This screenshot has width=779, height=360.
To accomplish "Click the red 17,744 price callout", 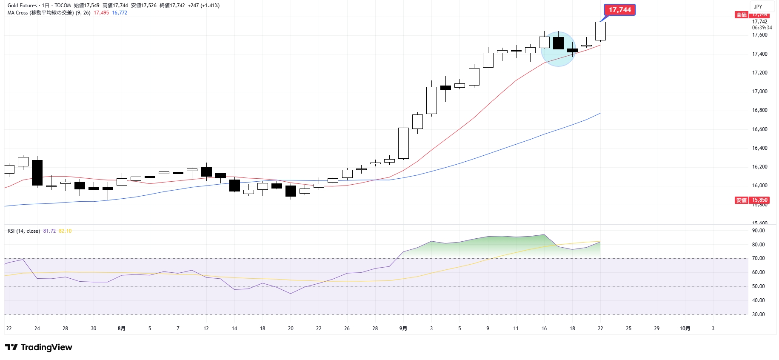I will point(619,10).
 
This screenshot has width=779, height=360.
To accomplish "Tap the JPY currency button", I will point(758,6).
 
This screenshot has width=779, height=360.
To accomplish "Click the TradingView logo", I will point(39,347).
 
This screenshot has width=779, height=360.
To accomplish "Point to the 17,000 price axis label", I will point(759,91).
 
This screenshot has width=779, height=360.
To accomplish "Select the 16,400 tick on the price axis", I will point(759,148).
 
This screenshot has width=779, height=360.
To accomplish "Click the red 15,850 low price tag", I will point(759,200).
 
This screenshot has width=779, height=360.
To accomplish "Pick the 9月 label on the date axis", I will point(403,329).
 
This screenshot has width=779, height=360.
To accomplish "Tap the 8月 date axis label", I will point(121,329).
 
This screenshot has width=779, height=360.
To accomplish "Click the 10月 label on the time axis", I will point(685,329).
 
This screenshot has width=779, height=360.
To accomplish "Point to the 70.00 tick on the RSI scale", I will point(758,258).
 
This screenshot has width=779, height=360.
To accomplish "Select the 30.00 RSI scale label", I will point(758,314).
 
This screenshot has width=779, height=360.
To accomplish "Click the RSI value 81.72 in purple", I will point(49,231).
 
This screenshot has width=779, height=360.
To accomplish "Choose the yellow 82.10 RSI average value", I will point(65,231).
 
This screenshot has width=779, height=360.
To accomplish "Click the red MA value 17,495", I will point(101,13).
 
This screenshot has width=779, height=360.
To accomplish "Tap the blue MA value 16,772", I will point(120,13).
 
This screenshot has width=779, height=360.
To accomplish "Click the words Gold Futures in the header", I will point(22,6).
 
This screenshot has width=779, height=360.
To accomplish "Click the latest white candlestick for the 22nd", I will point(600,31).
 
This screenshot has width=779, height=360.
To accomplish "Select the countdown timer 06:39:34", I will point(762,28).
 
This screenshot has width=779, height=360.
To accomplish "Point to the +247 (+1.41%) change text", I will point(204,6).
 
